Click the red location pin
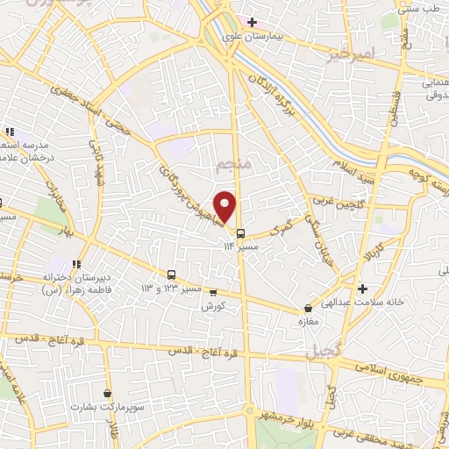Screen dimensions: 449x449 225,207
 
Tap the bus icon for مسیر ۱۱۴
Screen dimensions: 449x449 240,233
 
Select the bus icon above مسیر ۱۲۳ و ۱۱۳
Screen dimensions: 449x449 171,274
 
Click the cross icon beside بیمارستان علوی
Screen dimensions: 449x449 252,22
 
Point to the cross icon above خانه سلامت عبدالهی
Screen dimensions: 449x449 362,288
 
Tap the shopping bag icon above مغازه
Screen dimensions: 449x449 308,309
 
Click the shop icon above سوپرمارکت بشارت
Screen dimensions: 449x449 107,394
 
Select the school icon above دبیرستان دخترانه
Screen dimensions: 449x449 76,262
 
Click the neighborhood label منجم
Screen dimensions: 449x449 232,165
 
